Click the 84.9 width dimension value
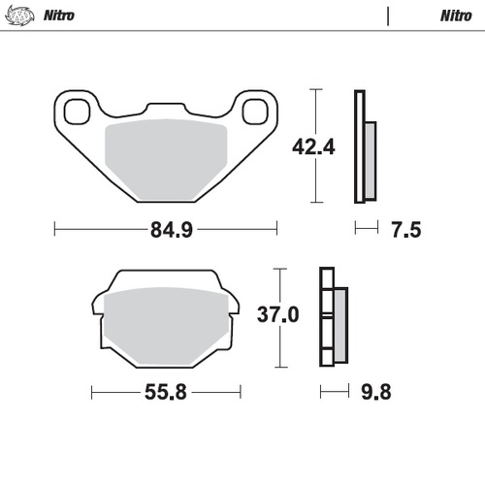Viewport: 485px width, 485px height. pos(167,231)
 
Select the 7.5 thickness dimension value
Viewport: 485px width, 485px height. pos(405,230)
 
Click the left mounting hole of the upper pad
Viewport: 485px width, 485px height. pos(76,109)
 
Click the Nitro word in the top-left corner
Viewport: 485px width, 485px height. pos(59,16)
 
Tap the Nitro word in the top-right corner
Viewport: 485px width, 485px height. pos(455,16)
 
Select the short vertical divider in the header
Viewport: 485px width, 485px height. pos(387,16)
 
